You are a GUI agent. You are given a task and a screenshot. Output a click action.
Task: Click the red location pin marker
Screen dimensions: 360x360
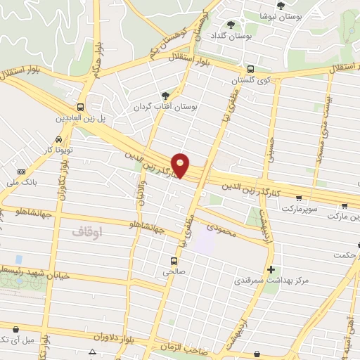181,165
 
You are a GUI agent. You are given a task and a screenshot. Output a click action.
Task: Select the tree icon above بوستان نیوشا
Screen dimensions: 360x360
281,5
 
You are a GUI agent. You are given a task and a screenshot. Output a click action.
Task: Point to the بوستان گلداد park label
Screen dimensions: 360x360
234,35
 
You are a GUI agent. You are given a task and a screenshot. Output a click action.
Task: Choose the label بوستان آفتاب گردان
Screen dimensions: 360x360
166,107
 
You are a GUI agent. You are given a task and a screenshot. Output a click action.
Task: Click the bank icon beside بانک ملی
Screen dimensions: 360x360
21,172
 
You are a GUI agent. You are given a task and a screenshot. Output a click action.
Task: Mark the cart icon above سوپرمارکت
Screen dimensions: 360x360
300,199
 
